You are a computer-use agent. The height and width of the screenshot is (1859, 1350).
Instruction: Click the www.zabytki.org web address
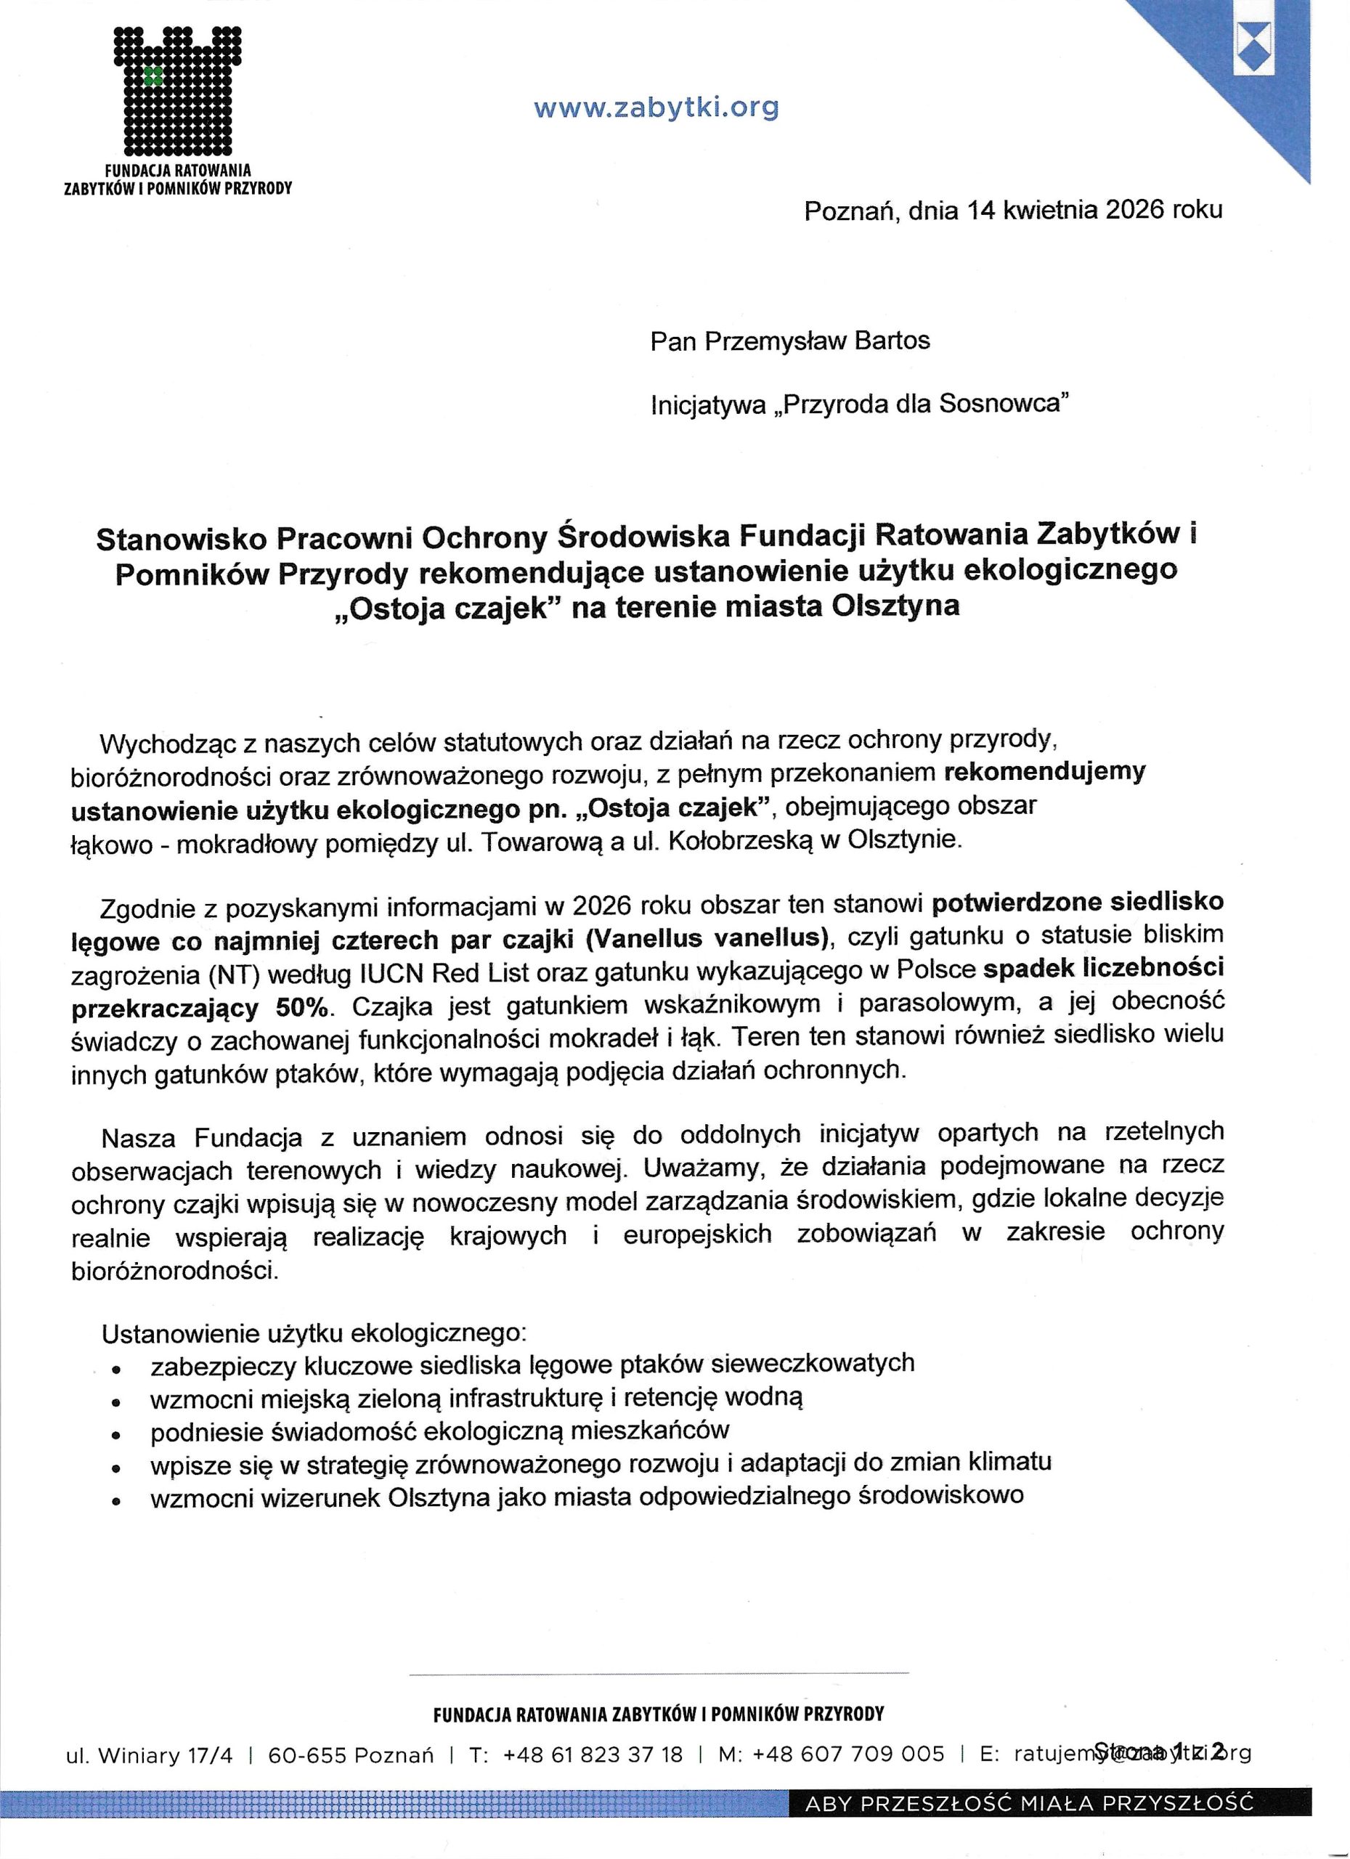pyautogui.click(x=656, y=108)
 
